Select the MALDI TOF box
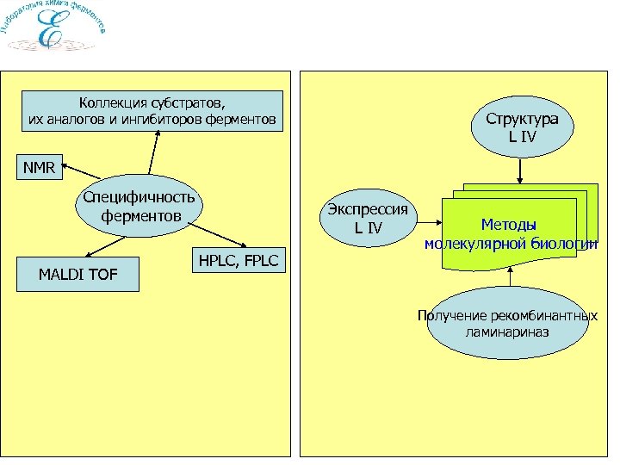78,276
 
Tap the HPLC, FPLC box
239,261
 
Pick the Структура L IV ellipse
521,127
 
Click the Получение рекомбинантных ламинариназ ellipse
507,323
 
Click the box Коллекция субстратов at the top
152,110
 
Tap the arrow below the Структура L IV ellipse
521,172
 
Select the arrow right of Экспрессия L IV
429,220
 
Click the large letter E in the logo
51,33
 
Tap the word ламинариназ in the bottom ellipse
506,332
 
